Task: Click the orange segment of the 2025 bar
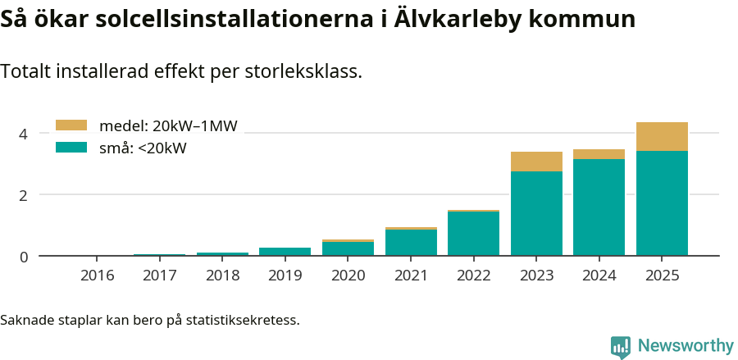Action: click(662, 136)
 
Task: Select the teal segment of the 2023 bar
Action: click(536, 213)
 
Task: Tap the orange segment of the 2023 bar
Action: click(536, 162)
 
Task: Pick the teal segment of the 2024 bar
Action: click(599, 207)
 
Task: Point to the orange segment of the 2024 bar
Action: click(599, 154)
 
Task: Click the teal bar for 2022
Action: click(473, 234)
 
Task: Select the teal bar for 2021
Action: click(411, 242)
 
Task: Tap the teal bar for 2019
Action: click(285, 251)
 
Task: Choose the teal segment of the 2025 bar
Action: click(662, 203)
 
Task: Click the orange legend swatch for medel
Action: click(71, 125)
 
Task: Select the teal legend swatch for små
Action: click(71, 148)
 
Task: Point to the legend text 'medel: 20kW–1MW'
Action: click(168, 126)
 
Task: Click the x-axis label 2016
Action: click(97, 276)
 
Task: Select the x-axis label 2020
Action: click(348, 276)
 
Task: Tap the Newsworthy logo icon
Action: click(621, 347)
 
